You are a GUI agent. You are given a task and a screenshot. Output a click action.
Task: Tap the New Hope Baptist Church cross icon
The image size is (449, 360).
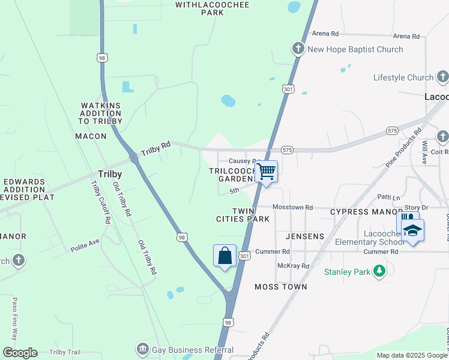(299, 49)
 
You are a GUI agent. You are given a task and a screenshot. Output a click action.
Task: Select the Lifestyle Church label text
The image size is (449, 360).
(403, 77)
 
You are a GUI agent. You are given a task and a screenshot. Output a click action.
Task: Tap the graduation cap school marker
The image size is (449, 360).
(412, 230)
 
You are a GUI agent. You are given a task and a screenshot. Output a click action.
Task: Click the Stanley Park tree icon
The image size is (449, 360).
(379, 272)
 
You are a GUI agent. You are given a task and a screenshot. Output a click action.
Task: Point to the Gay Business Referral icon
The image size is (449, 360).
(142, 348)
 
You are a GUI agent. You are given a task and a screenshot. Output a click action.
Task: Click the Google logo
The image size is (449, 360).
(20, 352)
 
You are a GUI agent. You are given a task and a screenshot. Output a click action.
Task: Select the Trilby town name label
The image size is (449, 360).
(110, 174)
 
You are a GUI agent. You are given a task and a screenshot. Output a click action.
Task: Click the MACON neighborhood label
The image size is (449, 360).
(91, 136)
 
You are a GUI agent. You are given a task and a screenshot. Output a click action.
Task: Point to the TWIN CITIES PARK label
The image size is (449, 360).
(243, 215)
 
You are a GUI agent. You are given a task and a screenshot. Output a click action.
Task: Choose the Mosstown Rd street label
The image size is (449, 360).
(293, 207)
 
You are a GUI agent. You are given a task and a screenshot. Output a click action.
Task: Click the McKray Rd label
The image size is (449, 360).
(293, 266)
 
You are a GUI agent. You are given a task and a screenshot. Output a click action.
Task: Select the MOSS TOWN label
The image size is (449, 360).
(281, 287)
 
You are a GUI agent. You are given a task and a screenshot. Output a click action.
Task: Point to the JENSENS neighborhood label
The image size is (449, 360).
(305, 236)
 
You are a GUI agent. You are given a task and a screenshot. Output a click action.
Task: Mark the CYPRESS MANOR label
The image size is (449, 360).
(363, 212)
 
